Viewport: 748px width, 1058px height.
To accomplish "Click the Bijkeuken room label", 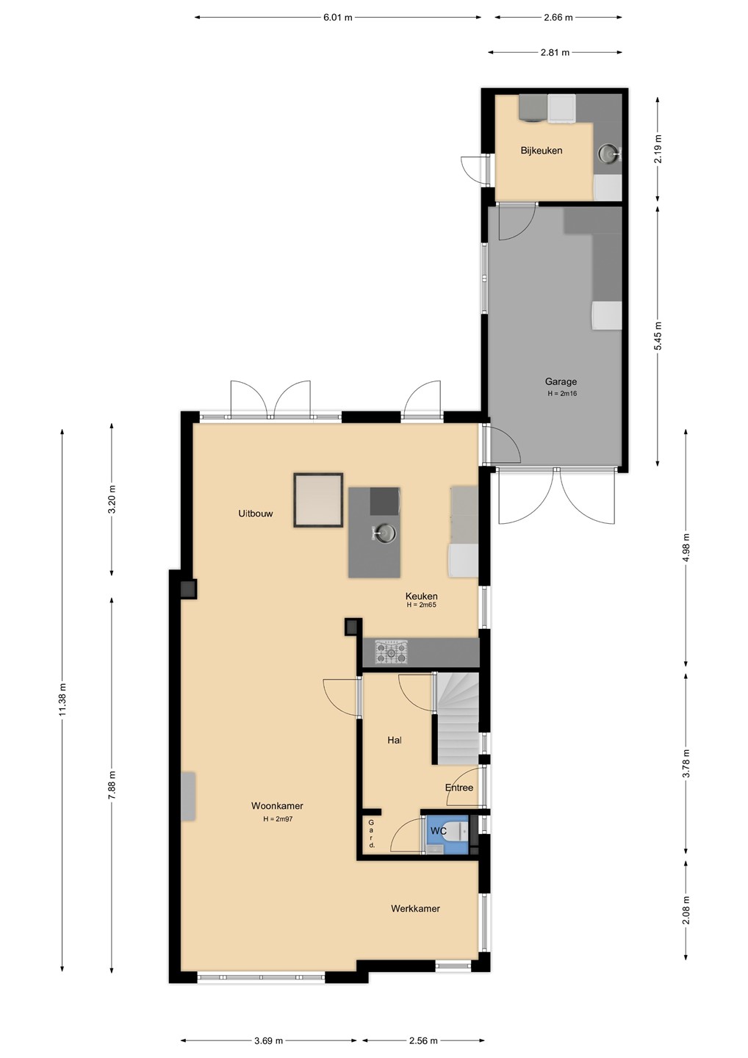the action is click(542, 151).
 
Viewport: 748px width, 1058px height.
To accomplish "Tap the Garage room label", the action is click(561, 381).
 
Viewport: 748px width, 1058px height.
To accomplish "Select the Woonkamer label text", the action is click(277, 806).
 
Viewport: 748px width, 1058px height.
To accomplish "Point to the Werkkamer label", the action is click(415, 908).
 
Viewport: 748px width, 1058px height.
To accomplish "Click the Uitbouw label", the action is click(256, 514).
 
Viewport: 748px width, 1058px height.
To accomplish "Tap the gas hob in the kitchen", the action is click(391, 652).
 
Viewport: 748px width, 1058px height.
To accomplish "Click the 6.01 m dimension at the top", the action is click(338, 18).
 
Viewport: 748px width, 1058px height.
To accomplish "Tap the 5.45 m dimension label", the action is click(658, 336).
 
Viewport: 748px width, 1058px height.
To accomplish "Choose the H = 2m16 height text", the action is click(561, 394).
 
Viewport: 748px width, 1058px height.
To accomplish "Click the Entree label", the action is click(459, 788).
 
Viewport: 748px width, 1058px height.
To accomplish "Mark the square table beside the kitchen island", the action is click(318, 500).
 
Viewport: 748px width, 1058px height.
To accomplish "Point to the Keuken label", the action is click(421, 596).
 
